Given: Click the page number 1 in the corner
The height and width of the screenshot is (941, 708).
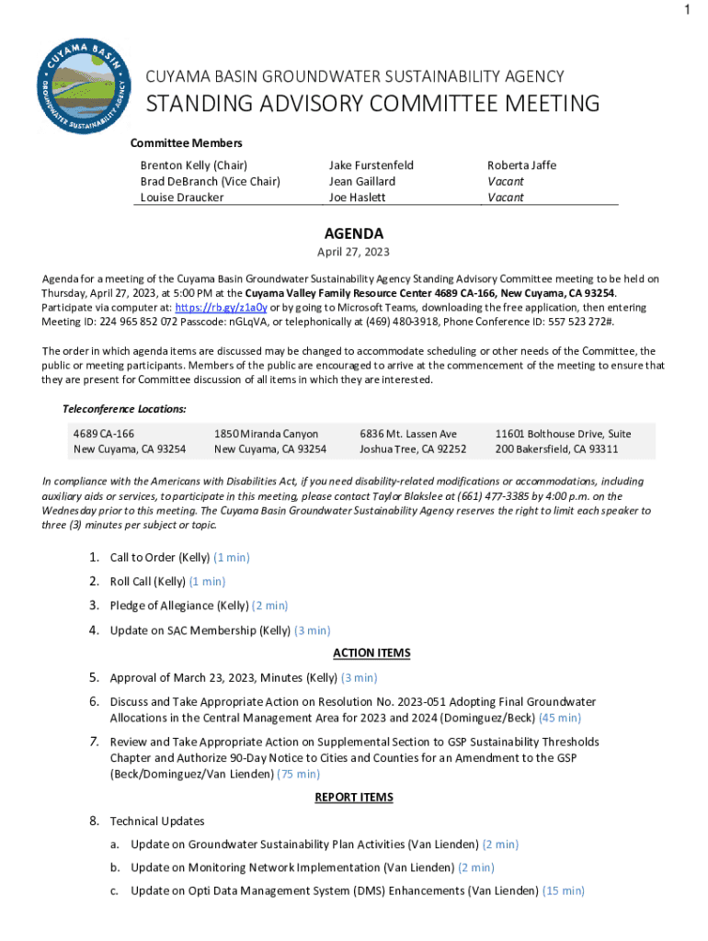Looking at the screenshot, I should (x=686, y=11).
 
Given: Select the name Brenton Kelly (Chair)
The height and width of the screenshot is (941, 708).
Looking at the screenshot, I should (x=194, y=165).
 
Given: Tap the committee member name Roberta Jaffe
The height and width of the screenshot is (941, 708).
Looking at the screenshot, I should (x=521, y=165).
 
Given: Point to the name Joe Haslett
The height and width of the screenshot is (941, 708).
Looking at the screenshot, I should (x=357, y=198).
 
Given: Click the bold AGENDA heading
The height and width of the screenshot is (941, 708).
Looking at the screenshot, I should (x=354, y=234).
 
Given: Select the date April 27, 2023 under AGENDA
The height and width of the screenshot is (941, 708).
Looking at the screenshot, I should (x=354, y=253).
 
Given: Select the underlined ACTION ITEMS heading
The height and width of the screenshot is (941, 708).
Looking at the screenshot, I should (x=371, y=653).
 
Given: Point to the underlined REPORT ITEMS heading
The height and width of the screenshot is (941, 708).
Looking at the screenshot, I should (x=354, y=798).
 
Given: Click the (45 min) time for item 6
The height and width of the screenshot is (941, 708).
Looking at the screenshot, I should (x=559, y=718).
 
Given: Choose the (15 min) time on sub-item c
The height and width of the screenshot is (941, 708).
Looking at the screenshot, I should (x=564, y=890).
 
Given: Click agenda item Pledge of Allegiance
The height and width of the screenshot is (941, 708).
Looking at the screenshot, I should (x=178, y=606).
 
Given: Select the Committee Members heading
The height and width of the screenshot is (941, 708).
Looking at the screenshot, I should (x=186, y=143).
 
